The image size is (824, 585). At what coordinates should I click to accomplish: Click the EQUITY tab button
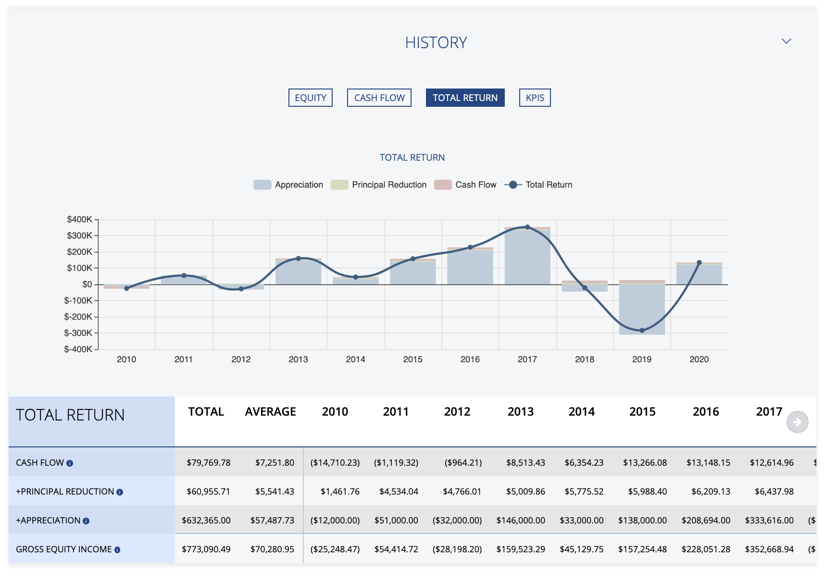pyautogui.click(x=310, y=98)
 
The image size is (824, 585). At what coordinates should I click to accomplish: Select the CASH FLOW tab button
pyautogui.click(x=379, y=98)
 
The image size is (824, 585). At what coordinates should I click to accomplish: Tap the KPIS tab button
pyautogui.click(x=535, y=98)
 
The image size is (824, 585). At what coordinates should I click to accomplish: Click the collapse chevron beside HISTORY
pyautogui.click(x=786, y=41)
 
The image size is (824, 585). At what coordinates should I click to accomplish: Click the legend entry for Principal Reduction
pyautogui.click(x=389, y=185)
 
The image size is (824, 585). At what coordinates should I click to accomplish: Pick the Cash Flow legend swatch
pyautogui.click(x=442, y=185)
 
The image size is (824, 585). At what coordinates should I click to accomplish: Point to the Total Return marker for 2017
pyautogui.click(x=527, y=227)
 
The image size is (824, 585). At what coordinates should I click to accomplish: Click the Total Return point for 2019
pyautogui.click(x=642, y=331)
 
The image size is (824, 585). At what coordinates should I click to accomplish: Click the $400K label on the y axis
pyautogui.click(x=79, y=219)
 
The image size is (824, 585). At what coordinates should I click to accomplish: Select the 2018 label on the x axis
pyautogui.click(x=584, y=359)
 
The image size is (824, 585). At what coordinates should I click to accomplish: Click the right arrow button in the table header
pyautogui.click(x=797, y=422)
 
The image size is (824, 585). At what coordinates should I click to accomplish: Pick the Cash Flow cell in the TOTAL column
pyautogui.click(x=208, y=462)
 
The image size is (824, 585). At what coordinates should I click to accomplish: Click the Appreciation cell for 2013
pyautogui.click(x=521, y=520)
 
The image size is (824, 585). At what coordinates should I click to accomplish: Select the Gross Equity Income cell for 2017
pyautogui.click(x=769, y=549)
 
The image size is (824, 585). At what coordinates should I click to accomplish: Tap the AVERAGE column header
pyautogui.click(x=270, y=412)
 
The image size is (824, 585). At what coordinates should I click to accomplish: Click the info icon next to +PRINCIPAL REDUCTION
pyautogui.click(x=120, y=492)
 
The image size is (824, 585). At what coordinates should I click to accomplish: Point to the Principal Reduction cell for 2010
pyautogui.click(x=340, y=491)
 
